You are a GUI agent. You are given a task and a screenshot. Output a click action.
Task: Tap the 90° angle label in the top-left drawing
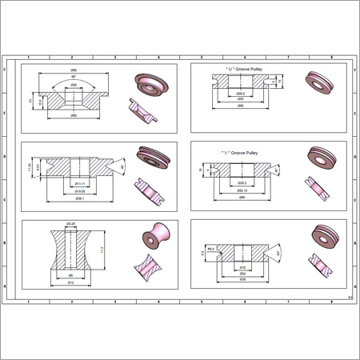tap(72, 76)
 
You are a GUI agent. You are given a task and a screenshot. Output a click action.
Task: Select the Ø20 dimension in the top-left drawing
tap(72, 85)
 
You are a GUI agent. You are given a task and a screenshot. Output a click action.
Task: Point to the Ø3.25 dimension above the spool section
tap(70, 223)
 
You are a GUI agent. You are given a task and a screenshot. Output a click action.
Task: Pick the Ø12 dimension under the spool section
tap(70, 282)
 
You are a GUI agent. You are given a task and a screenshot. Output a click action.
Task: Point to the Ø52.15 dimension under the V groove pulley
tap(241, 190)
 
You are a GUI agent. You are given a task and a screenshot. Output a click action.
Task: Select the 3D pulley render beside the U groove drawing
tap(319, 82)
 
